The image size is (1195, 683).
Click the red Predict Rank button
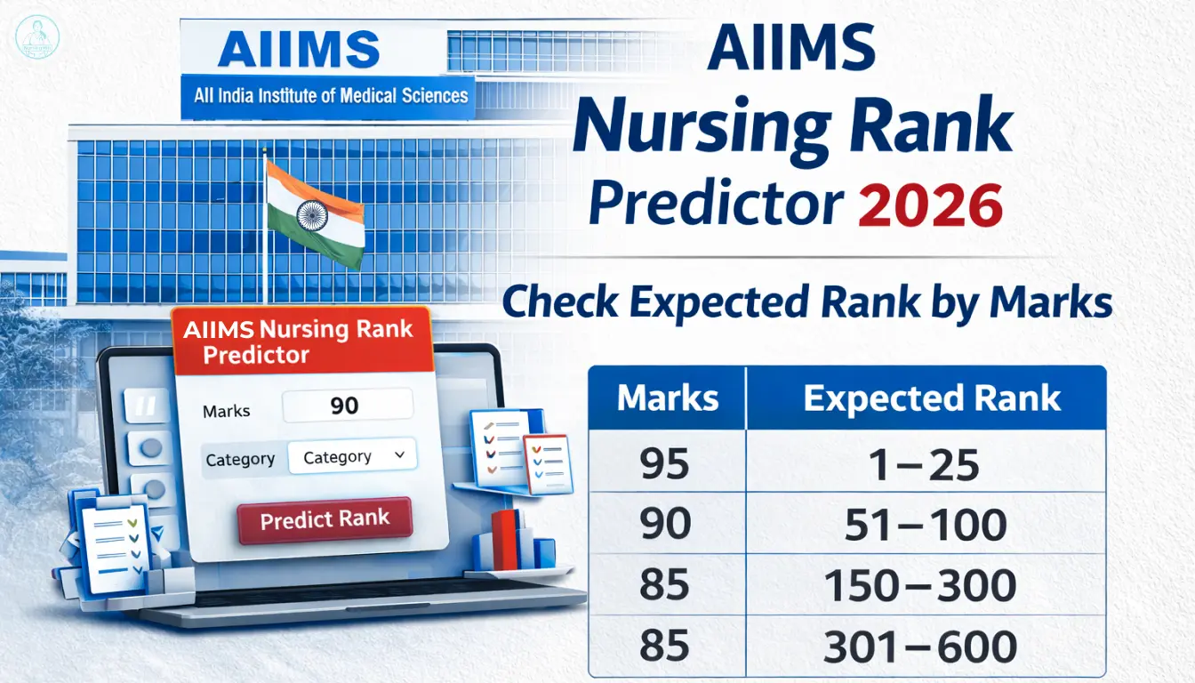325,520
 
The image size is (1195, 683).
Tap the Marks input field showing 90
347,406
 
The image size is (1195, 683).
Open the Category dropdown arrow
399,455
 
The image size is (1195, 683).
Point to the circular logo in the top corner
37,37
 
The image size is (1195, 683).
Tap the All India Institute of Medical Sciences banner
331,95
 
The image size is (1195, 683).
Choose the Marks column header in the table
668,398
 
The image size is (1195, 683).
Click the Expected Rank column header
932,398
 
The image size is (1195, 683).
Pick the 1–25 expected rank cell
925,464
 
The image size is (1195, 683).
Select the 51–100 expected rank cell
925,525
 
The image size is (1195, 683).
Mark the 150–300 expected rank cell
920,586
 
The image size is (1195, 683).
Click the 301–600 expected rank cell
920,647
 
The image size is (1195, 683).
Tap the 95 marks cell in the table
665,464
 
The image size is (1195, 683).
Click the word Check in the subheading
560,303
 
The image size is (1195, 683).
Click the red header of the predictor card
301,341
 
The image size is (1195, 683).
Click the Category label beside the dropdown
240,459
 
